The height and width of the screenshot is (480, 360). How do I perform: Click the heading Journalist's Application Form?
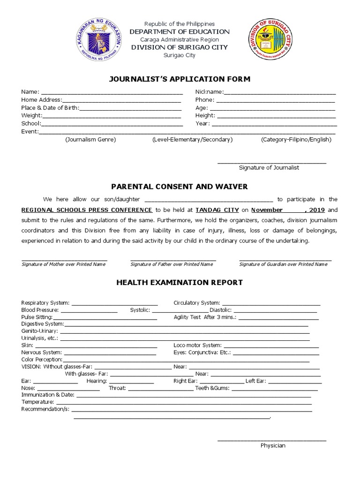click(180, 79)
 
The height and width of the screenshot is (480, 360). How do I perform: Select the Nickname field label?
click(209, 92)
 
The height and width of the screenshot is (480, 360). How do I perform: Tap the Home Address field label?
click(41, 100)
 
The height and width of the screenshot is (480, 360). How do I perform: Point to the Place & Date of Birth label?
click(50, 108)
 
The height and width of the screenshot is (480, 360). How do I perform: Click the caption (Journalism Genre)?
click(90, 140)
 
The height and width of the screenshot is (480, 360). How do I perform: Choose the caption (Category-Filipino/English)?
click(296, 140)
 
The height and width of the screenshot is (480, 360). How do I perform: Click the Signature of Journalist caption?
click(269, 167)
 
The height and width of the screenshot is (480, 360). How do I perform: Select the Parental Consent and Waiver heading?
click(180, 187)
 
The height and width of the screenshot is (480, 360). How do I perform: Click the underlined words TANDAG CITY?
click(217, 210)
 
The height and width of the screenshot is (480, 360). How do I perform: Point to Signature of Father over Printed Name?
click(172, 264)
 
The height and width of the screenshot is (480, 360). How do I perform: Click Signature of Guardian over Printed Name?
click(283, 264)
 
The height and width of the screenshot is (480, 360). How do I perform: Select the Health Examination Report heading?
click(180, 283)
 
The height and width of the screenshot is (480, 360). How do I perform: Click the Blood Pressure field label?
click(40, 310)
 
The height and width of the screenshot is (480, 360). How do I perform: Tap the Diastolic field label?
click(221, 310)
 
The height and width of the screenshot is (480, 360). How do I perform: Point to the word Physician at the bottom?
click(273, 445)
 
